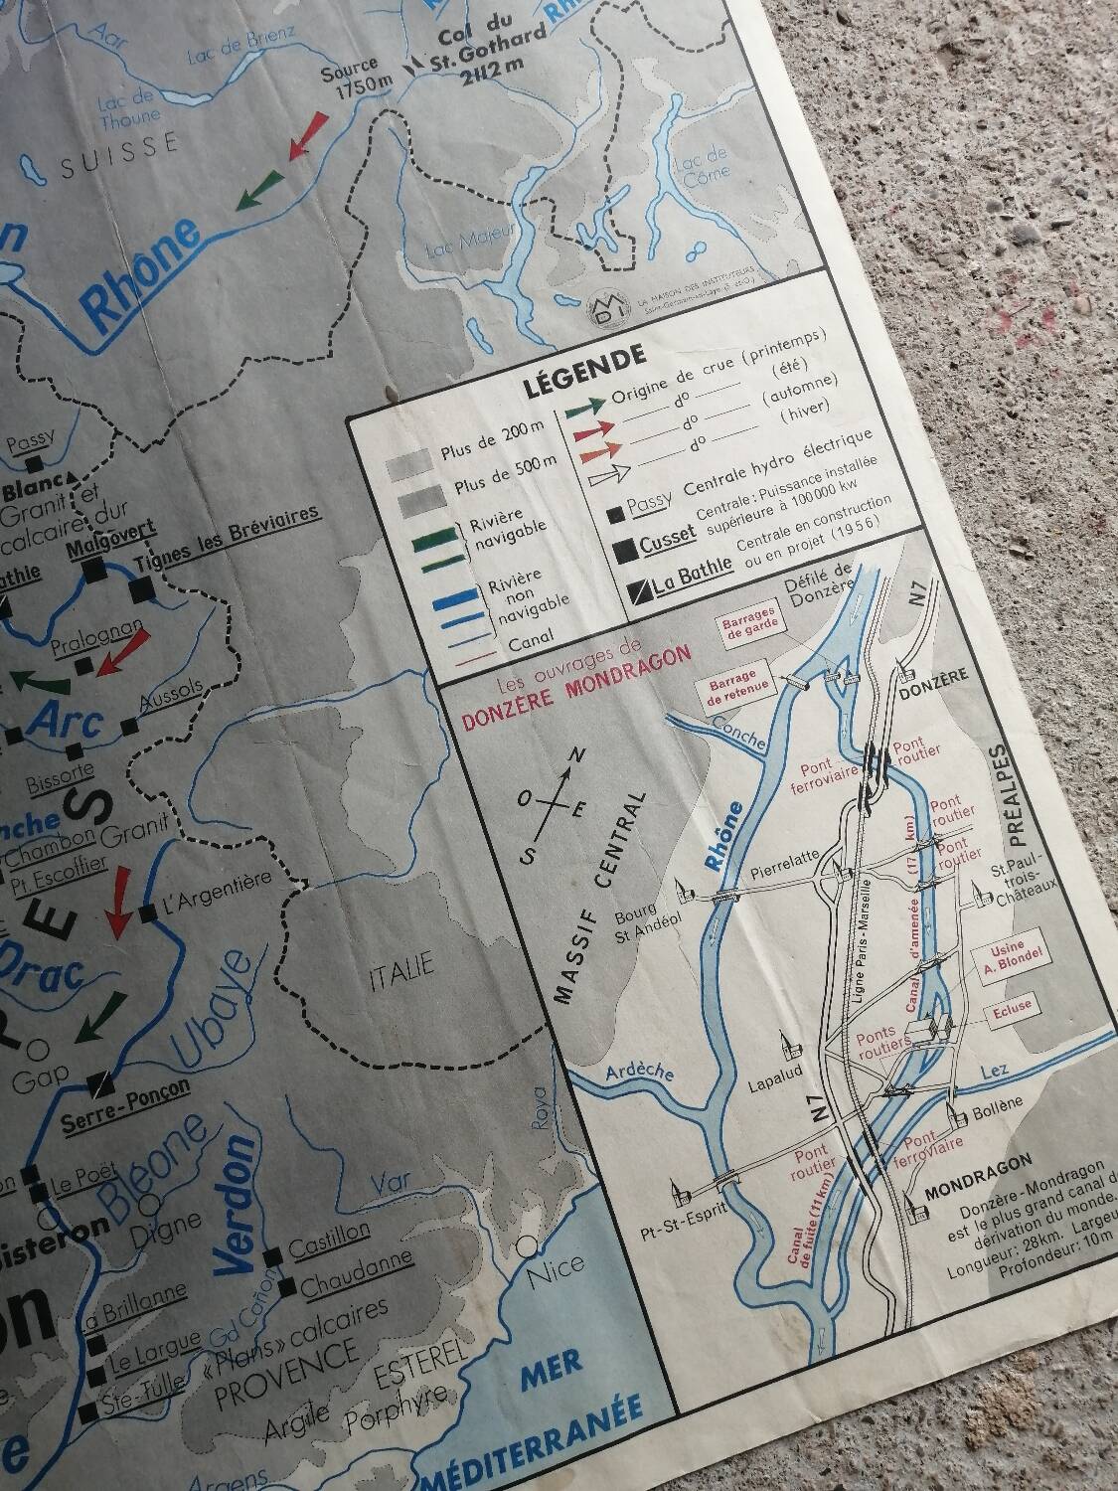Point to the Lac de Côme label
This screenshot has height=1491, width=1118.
pos(702,162)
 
